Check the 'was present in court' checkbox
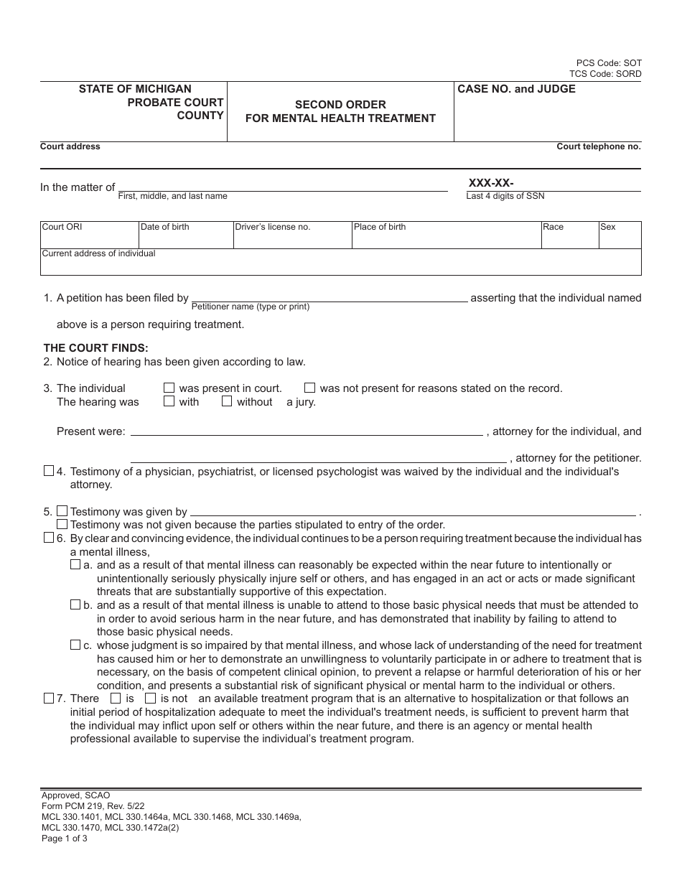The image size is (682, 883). (x=169, y=388)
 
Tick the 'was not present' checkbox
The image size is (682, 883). (x=310, y=388)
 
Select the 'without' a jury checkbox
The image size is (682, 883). (x=227, y=402)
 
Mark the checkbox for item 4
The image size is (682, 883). (x=49, y=472)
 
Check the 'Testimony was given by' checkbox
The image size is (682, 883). (x=62, y=511)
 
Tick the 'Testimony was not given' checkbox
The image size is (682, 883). (x=62, y=525)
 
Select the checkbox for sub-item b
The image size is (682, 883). (x=75, y=605)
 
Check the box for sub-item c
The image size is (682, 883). (x=75, y=645)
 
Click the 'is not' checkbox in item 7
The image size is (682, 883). (x=150, y=699)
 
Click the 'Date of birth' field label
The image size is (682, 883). (x=165, y=228)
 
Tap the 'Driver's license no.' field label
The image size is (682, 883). (x=272, y=228)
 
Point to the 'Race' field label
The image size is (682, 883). (x=553, y=228)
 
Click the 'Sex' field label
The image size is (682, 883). (x=608, y=228)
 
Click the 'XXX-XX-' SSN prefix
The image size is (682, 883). (x=491, y=183)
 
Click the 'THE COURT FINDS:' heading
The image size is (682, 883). (x=95, y=348)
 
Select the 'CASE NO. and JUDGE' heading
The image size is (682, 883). (x=516, y=90)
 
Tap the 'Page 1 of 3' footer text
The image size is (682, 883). (x=65, y=838)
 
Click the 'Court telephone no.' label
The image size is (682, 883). (x=599, y=146)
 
